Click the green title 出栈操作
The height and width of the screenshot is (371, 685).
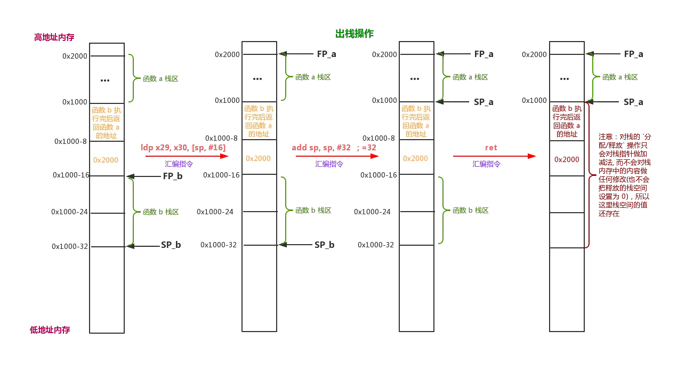point(354,34)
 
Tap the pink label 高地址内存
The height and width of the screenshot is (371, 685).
point(54,37)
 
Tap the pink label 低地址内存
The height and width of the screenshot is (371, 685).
point(51,330)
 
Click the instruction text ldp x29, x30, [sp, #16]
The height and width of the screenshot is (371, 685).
point(183,147)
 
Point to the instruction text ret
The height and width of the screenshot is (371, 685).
point(491,147)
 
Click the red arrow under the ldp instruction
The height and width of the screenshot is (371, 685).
point(187,156)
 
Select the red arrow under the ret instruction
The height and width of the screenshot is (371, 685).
point(494,156)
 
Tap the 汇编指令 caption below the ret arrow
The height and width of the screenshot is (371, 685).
point(487,165)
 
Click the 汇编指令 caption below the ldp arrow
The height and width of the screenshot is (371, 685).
point(179,165)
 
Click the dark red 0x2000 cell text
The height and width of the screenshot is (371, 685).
point(567,159)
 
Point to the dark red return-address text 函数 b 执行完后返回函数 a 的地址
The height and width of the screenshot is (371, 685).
point(567,122)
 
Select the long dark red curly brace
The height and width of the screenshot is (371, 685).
point(589,175)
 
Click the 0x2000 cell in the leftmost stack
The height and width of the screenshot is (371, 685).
point(106,159)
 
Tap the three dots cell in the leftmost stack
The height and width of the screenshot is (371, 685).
point(106,80)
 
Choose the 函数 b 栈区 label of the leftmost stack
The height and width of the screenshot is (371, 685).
point(161,212)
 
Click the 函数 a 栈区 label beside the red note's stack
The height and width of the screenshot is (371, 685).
point(620,77)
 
